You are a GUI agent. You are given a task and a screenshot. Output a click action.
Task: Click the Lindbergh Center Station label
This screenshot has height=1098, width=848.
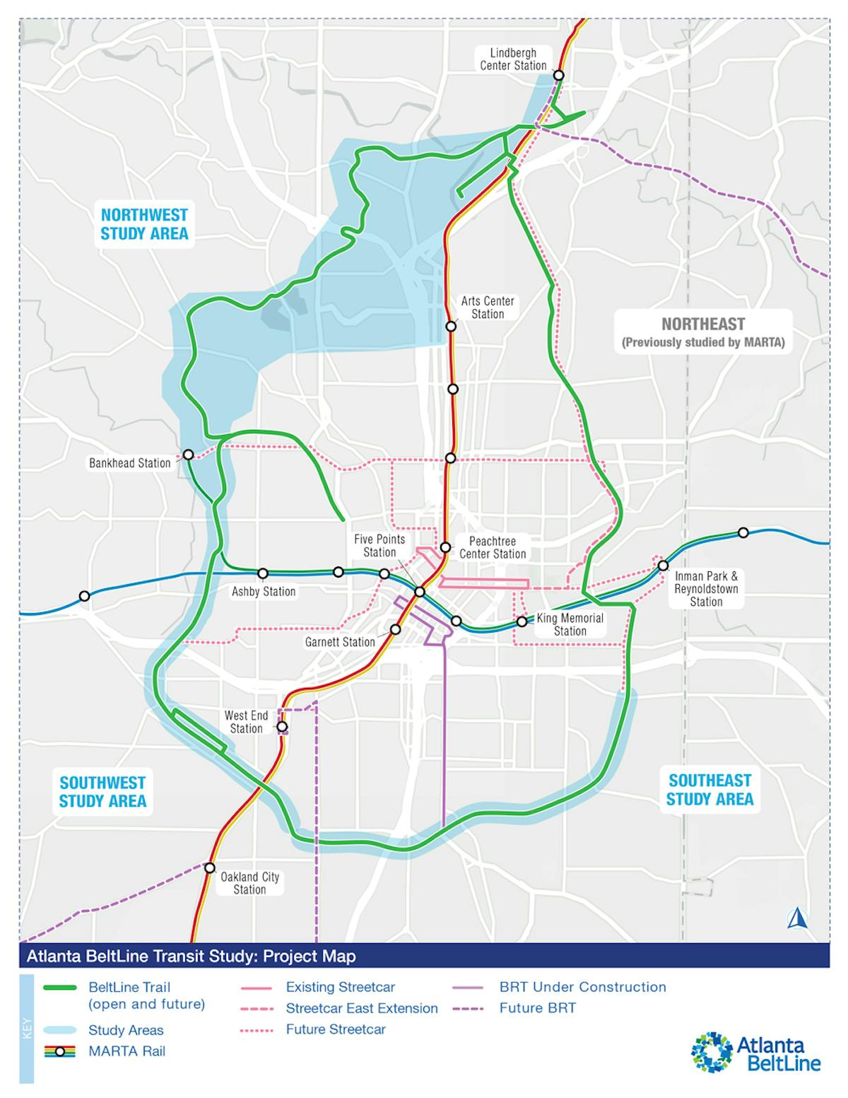[x=513, y=59]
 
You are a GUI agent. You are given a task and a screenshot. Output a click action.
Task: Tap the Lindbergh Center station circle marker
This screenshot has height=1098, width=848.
[x=559, y=75]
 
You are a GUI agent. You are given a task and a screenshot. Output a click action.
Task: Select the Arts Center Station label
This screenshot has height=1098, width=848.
[x=488, y=308]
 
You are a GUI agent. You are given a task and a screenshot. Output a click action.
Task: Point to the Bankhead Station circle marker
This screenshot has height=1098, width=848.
[x=189, y=454]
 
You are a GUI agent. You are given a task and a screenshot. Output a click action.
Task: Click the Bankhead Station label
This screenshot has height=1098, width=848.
[x=130, y=464]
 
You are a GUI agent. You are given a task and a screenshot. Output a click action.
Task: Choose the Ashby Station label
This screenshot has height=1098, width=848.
[x=264, y=592]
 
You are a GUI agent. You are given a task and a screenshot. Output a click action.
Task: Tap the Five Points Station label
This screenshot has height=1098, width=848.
[x=379, y=546]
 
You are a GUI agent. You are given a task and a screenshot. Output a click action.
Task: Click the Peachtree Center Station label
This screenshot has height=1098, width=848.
[x=493, y=548]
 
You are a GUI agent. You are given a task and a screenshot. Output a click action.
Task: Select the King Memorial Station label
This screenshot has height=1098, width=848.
[x=570, y=624]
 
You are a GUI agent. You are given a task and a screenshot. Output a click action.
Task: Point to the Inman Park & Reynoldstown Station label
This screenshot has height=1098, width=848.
[x=706, y=589]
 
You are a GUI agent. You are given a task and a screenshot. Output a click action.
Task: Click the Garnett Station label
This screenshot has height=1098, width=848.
[x=340, y=642]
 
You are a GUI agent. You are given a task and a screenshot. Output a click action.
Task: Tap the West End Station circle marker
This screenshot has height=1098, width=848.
[x=282, y=726]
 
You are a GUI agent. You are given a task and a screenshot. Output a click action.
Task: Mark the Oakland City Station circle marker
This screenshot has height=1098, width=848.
[x=210, y=868]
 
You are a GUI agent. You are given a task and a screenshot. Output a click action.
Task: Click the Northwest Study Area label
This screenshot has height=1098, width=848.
[x=144, y=224]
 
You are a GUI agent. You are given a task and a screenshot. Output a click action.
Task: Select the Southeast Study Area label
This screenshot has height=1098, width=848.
[x=709, y=790]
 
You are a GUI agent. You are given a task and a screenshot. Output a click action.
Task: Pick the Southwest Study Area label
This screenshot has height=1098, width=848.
[x=102, y=792]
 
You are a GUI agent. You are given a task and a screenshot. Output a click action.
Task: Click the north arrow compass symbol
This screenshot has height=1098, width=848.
[x=798, y=918]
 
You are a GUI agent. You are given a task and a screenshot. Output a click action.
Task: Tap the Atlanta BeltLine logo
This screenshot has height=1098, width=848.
[x=756, y=1053]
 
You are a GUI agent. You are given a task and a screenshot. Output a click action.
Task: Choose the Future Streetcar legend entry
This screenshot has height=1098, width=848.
[x=336, y=1029]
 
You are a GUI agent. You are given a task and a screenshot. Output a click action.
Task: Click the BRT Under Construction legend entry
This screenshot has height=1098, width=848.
[x=582, y=987]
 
